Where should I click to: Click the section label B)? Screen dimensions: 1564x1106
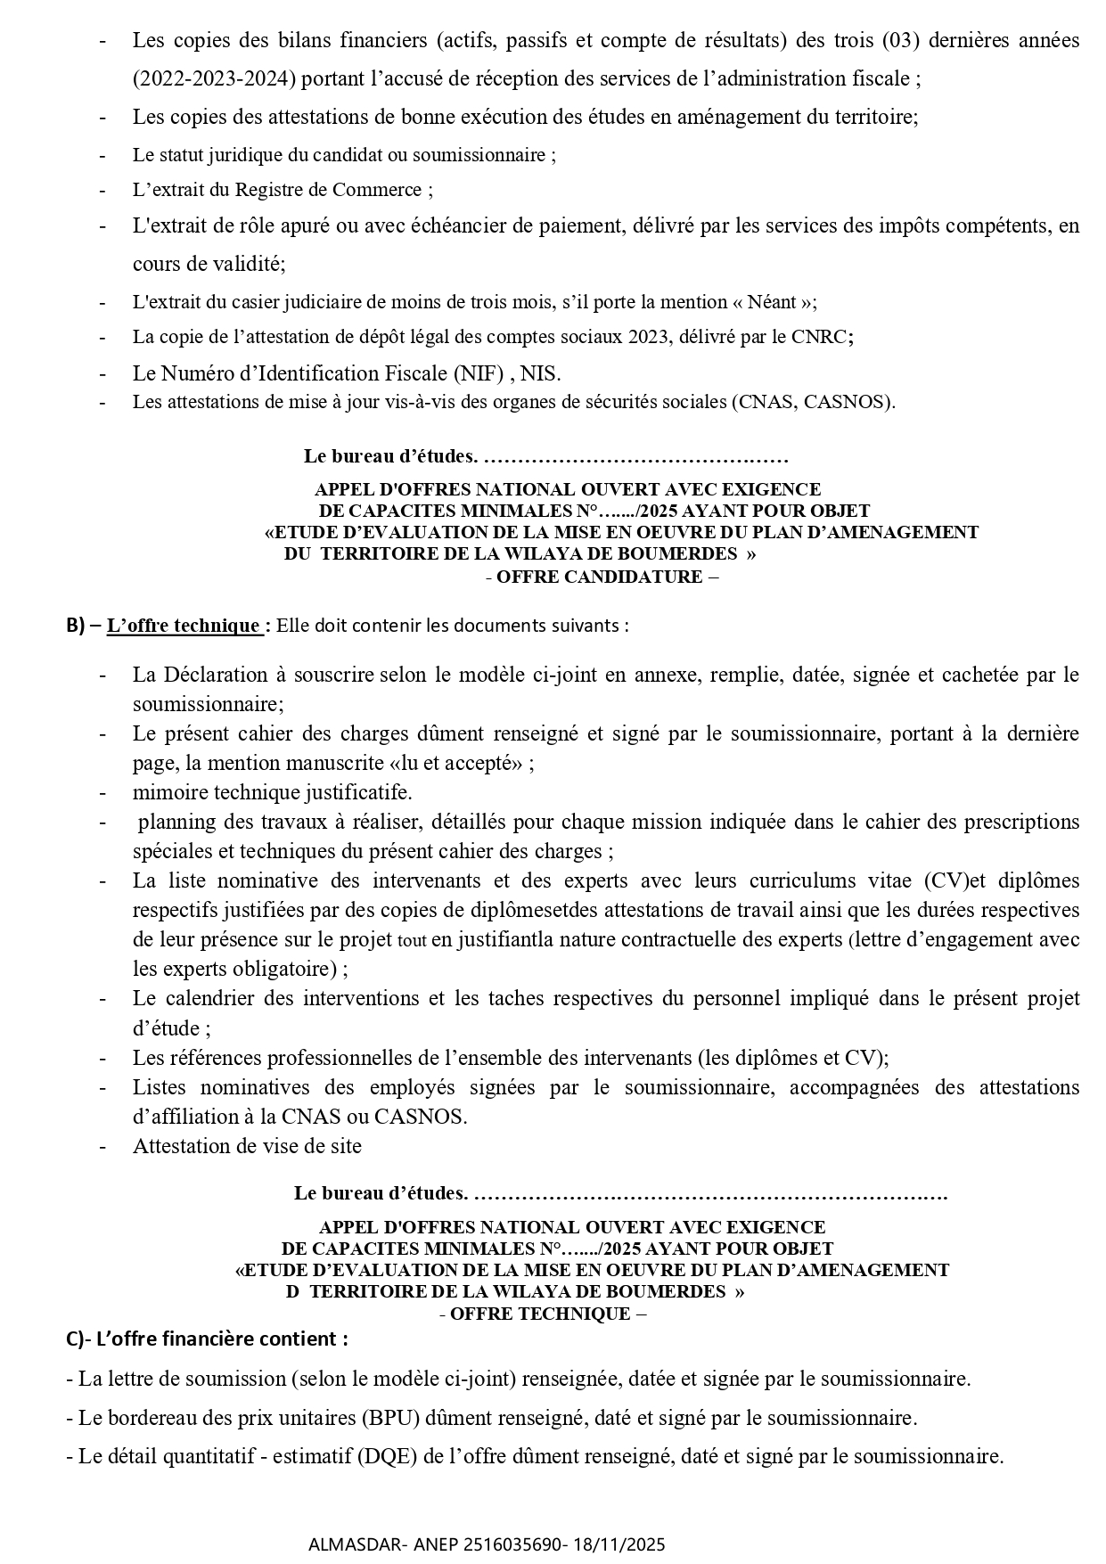coord(76,626)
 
